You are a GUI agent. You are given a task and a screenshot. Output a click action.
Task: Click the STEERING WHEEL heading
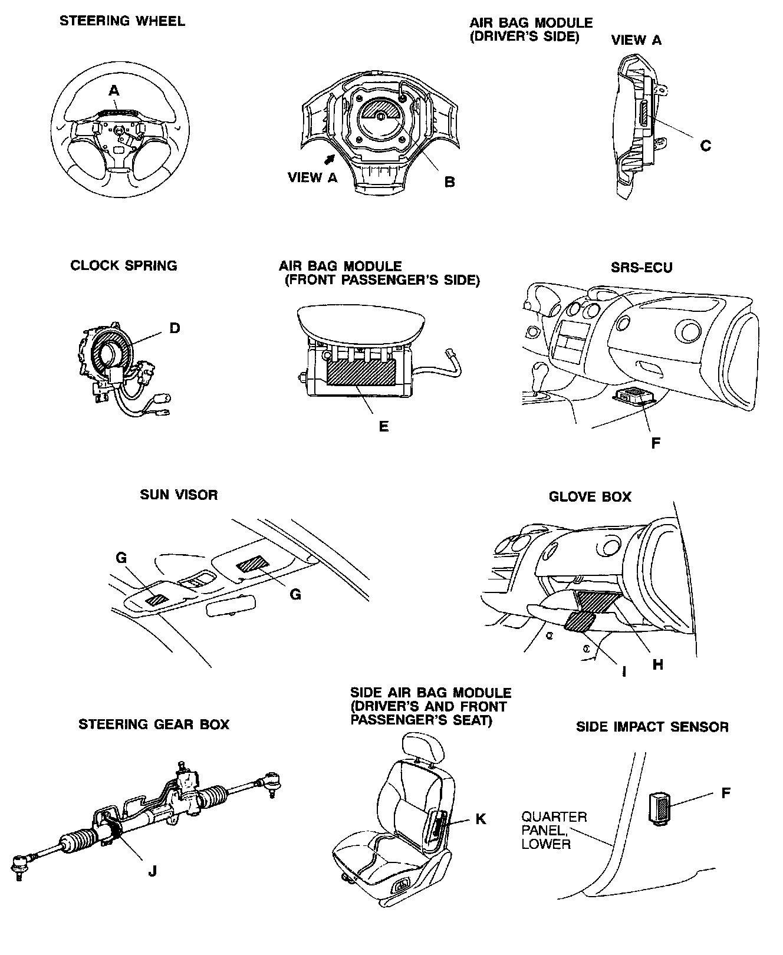pos(122,21)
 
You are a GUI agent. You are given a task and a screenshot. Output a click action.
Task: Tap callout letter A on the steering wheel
pos(114,90)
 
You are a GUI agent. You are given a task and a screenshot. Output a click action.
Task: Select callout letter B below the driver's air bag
pos(449,182)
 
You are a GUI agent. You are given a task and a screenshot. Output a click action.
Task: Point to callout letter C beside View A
pos(705,146)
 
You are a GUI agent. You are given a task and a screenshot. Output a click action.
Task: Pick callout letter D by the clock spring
pos(175,328)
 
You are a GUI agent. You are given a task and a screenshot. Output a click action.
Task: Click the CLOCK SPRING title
pos(124,265)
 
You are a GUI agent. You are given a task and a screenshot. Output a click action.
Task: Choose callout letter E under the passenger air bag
pos(384,426)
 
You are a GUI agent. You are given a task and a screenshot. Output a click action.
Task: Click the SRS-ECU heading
pos(641,267)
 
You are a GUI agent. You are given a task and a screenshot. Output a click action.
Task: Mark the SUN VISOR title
pos(179,495)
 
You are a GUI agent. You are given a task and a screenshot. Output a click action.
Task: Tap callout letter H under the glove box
pos(658,664)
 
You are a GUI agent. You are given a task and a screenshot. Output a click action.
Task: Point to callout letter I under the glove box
pos(624,671)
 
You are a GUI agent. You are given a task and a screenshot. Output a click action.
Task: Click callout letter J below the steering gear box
pos(152,871)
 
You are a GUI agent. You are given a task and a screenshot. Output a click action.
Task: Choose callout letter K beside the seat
pos(481,819)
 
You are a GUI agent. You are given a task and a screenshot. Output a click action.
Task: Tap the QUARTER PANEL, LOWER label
pos(554,830)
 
